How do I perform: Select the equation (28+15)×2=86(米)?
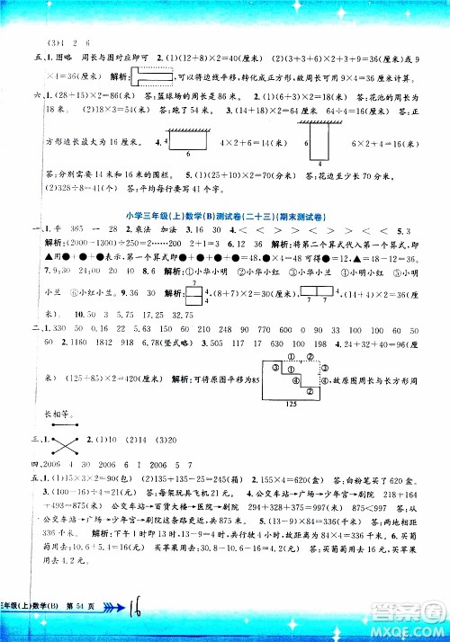pos(67,94)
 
